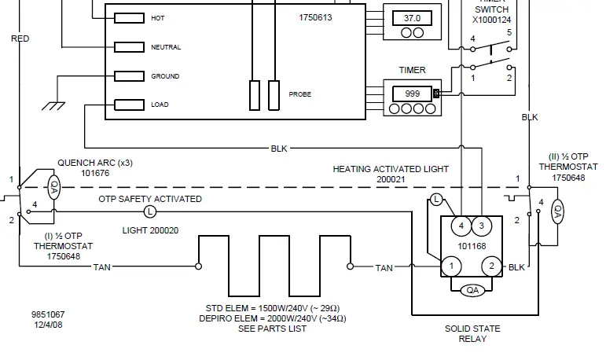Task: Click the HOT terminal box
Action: click(x=129, y=17)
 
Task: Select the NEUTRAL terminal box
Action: click(x=129, y=47)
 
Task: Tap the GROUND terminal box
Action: click(x=129, y=76)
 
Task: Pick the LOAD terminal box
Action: click(x=129, y=105)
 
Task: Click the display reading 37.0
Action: click(x=412, y=17)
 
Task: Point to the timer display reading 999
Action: click(x=412, y=93)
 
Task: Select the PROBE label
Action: click(x=299, y=94)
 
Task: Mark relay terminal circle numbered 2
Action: click(x=492, y=267)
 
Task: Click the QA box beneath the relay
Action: click(x=472, y=290)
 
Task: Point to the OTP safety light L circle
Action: click(x=150, y=211)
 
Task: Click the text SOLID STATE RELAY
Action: click(x=472, y=333)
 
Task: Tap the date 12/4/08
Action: click(x=47, y=325)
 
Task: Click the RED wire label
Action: click(x=20, y=38)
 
